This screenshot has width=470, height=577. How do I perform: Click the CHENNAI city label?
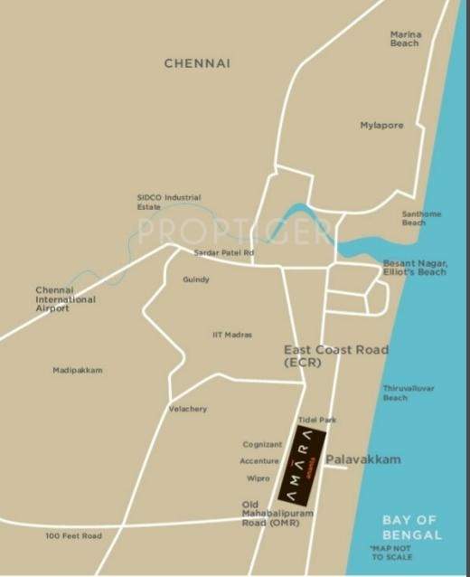[x=197, y=63]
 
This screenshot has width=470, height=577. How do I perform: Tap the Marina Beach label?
[x=406, y=39]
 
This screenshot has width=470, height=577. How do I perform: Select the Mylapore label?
[x=382, y=125]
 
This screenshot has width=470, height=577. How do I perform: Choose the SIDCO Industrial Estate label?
[x=168, y=202]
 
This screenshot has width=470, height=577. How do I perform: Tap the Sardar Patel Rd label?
[x=224, y=252]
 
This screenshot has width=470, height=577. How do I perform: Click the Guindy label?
[x=195, y=279]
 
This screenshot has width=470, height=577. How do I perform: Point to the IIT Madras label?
[x=232, y=335]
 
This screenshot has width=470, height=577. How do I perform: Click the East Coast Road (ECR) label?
[x=335, y=355]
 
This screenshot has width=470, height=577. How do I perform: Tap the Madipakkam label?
[x=78, y=370]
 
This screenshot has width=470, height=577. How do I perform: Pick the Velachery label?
[x=187, y=409]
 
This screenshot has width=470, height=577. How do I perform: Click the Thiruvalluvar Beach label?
[x=409, y=393]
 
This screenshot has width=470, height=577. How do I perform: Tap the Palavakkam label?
[x=363, y=459]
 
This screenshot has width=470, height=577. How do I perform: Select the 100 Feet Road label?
[x=74, y=535]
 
